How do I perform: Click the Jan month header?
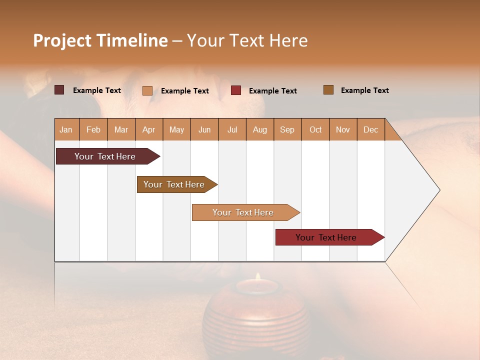click(x=66, y=129)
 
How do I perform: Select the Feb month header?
click(x=93, y=129)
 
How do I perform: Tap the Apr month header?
click(x=149, y=129)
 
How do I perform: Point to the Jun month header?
click(x=204, y=129)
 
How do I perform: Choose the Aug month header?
click(x=260, y=129)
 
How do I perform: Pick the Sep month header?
click(x=287, y=129)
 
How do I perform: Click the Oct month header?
click(x=315, y=129)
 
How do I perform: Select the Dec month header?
click(x=371, y=129)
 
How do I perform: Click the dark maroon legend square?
click(x=59, y=90)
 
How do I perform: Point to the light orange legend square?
click(x=147, y=90)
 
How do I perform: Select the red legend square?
click(x=236, y=90)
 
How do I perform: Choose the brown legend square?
click(x=328, y=90)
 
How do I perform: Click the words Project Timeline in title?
click(x=100, y=40)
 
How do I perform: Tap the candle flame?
click(x=258, y=277)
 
